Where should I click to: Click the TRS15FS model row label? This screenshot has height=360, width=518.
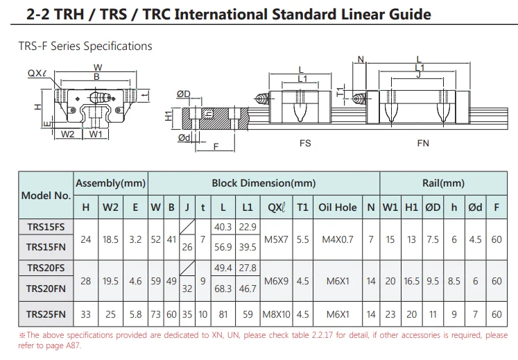point(46,227)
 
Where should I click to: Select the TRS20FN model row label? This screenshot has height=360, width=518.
point(46,288)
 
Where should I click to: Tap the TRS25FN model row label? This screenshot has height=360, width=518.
point(46,314)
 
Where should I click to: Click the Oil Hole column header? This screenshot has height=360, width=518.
point(338,207)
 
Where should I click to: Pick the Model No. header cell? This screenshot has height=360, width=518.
point(46,195)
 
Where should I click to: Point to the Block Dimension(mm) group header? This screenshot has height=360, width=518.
point(264,183)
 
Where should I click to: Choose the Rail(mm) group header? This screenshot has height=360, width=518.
point(443,183)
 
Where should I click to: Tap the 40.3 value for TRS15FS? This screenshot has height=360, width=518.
point(223,227)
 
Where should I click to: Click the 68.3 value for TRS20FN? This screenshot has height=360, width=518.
point(223,288)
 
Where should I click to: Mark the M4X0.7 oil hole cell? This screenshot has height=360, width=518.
point(338,239)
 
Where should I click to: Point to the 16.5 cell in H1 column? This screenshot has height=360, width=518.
point(411,281)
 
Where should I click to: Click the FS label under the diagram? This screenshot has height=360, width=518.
point(304,144)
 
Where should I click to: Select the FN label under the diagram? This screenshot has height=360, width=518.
point(423,144)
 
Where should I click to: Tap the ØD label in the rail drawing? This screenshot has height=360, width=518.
point(183,94)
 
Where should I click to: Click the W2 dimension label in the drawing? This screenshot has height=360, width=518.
point(67,134)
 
